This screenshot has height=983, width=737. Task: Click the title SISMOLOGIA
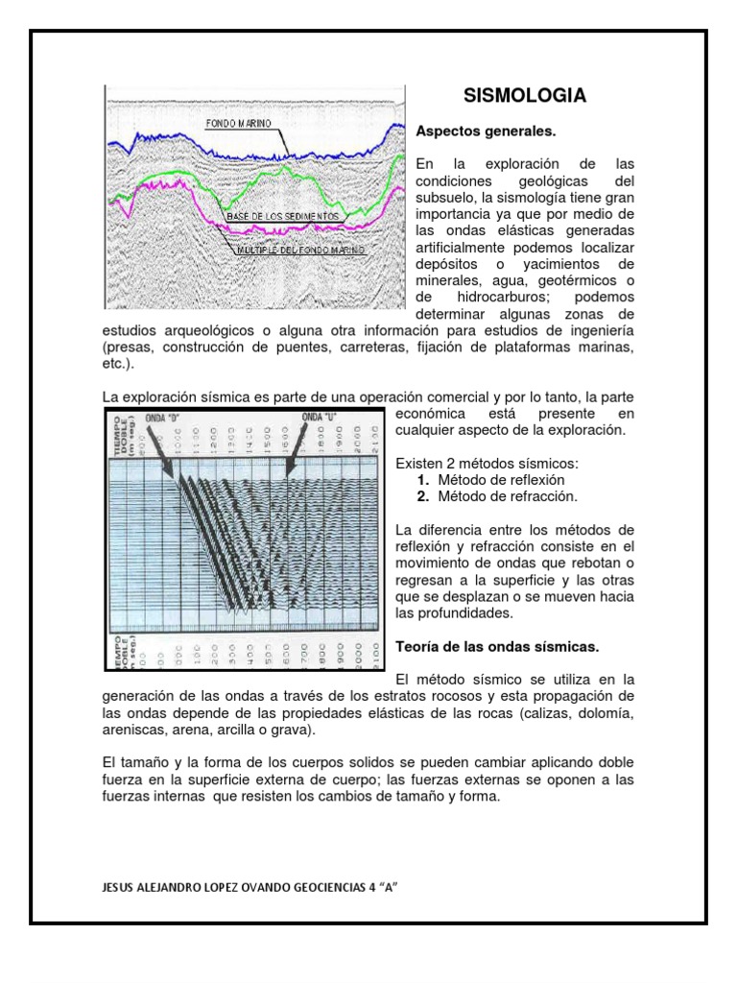click(524, 96)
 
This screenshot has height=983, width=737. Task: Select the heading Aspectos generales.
click(486, 130)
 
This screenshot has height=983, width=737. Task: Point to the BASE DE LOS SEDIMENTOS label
click(282, 218)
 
